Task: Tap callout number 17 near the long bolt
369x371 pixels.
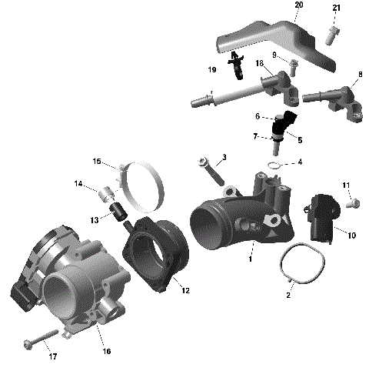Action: point(52,356)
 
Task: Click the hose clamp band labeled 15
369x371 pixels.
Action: point(151,184)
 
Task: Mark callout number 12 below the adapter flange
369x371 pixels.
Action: point(184,290)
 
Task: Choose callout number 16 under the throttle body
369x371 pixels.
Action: point(107,351)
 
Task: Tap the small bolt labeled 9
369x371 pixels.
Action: point(294,62)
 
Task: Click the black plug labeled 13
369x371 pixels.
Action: point(119,212)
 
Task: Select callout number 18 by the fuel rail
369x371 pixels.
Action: point(260,62)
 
